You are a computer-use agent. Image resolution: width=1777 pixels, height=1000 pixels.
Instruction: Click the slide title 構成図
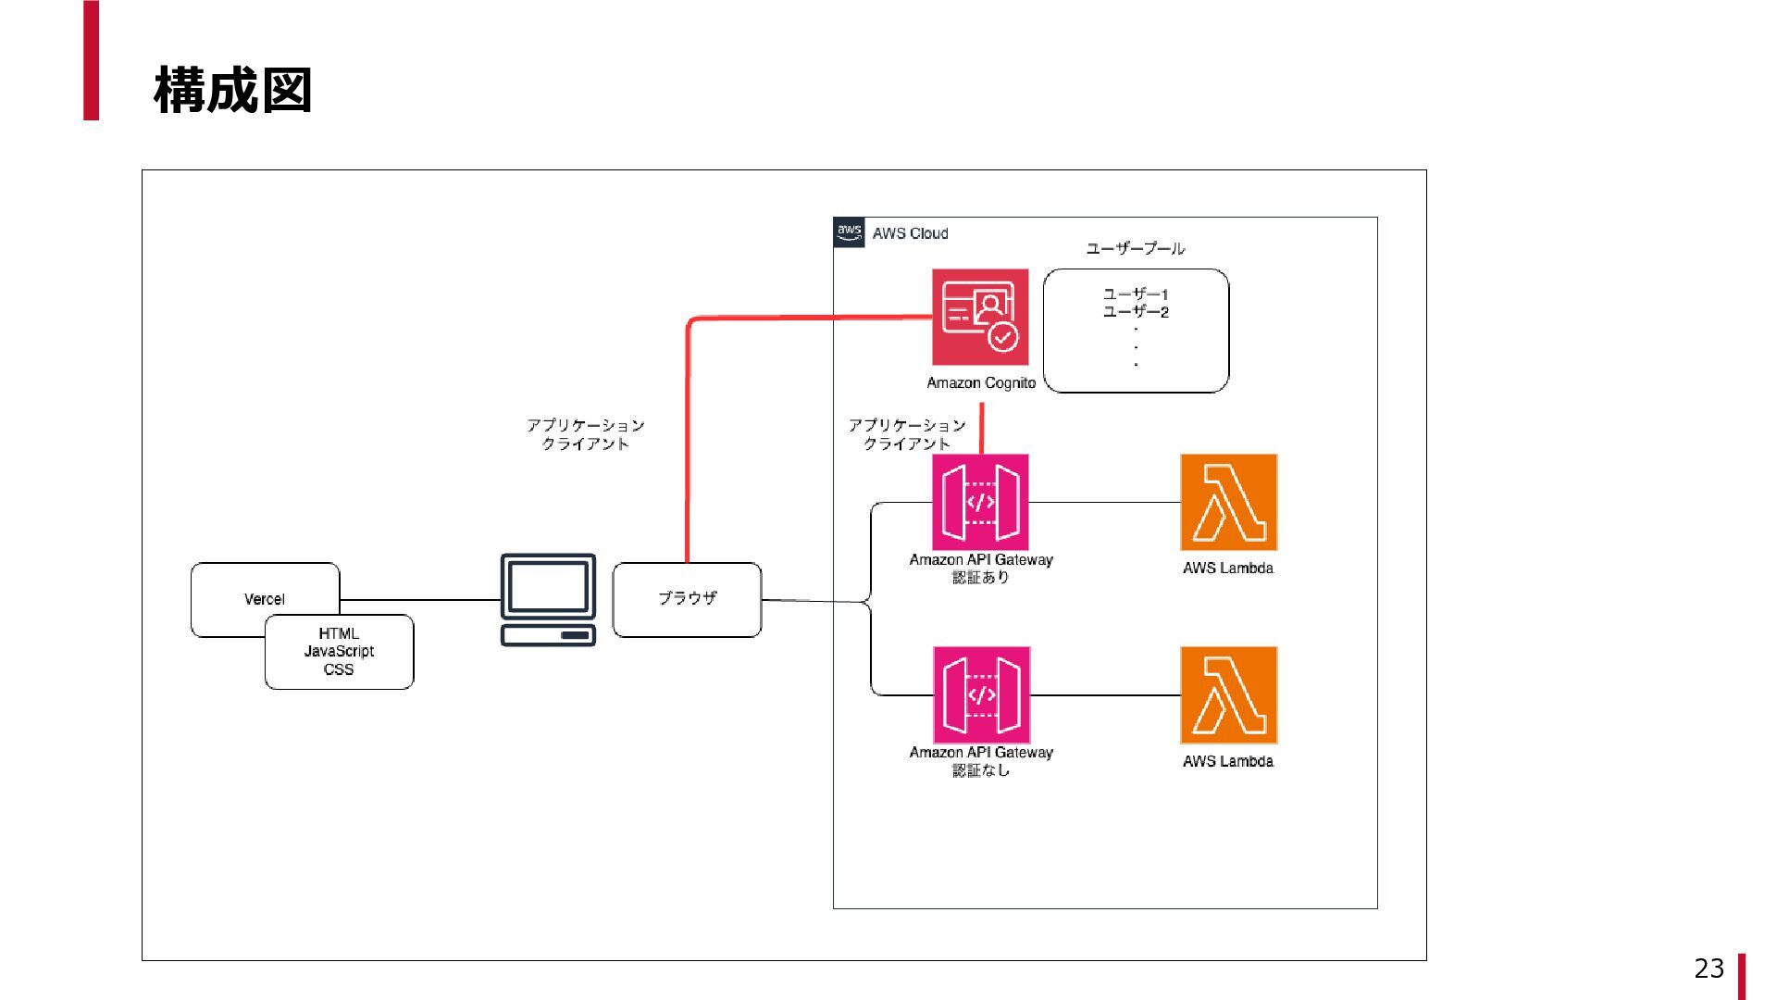pos(232,90)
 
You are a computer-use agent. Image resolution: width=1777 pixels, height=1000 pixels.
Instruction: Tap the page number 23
pos(1709,969)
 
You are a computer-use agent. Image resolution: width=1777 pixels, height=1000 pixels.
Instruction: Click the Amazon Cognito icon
pos(980,317)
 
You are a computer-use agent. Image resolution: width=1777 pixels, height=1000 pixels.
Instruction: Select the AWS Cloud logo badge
pos(849,232)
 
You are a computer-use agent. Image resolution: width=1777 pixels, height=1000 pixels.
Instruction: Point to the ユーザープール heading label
pos(1135,248)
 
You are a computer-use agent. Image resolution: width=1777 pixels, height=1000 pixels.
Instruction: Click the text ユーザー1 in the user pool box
pos(1136,294)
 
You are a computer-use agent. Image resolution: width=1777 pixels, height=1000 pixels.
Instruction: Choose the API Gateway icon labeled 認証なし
pos(981,694)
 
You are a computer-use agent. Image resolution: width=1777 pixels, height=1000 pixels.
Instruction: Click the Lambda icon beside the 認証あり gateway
pos(1228,502)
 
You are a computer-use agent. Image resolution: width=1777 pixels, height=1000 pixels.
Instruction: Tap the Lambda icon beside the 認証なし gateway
pos(1228,694)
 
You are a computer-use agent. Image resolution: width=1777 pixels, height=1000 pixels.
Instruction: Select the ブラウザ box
pos(687,599)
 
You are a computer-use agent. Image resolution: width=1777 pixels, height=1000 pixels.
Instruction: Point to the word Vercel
pos(264,599)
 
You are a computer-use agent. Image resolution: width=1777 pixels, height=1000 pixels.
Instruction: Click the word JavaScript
pos(339,651)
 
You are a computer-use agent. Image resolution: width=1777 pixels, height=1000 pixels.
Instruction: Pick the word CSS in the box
pos(339,669)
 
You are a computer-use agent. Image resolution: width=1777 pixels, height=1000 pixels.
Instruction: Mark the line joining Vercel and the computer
pos(421,600)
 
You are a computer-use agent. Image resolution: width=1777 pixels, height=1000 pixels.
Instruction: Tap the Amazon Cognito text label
pos(981,383)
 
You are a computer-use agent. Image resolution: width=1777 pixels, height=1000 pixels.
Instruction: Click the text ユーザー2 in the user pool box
pos(1136,312)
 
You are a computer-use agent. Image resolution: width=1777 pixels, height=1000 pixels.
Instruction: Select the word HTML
pos(339,633)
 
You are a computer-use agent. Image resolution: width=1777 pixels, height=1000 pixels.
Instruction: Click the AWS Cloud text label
pos(910,233)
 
